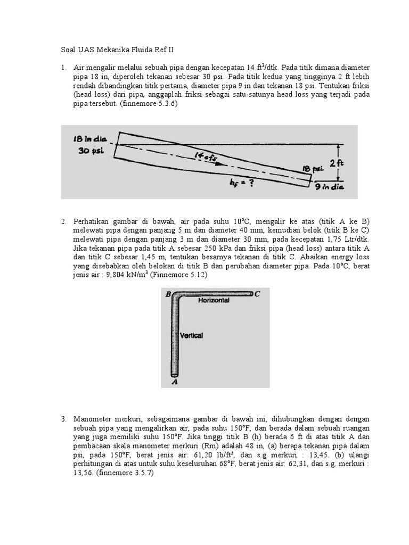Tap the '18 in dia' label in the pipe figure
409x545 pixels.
click(x=90, y=139)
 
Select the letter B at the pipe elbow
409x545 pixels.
click(x=168, y=294)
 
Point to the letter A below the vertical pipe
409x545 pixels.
click(x=174, y=381)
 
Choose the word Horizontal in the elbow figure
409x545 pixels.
click(x=214, y=301)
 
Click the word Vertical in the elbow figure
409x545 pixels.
click(x=192, y=336)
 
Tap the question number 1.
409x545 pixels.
click(x=63, y=68)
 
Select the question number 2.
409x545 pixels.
click(x=63, y=221)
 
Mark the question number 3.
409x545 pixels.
click(x=63, y=419)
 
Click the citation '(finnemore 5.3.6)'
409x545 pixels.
click(x=150, y=104)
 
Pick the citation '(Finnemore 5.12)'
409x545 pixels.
click(x=178, y=275)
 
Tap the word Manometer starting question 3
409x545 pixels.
click(x=93, y=419)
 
